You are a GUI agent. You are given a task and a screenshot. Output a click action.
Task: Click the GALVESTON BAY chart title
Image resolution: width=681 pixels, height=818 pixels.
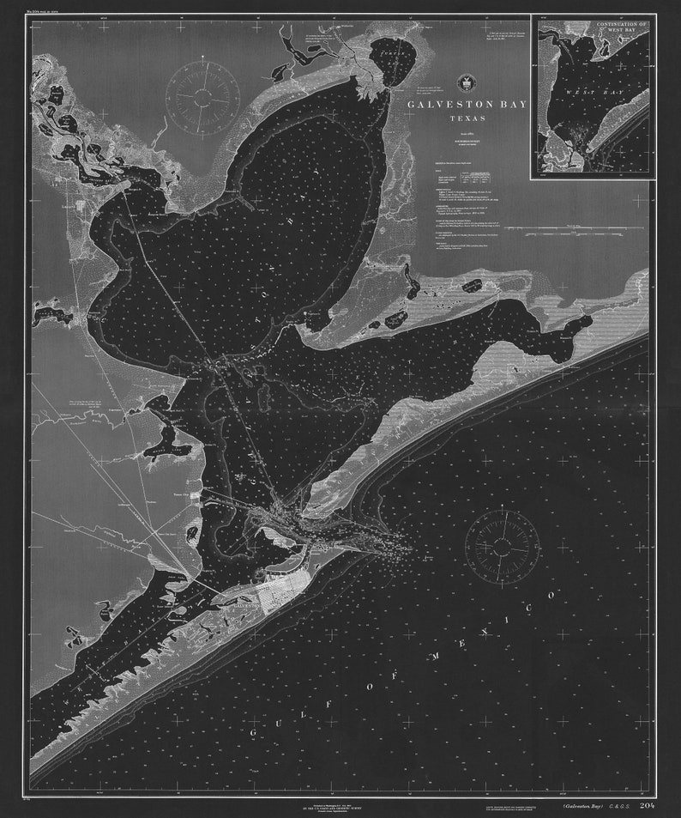click(467, 105)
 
